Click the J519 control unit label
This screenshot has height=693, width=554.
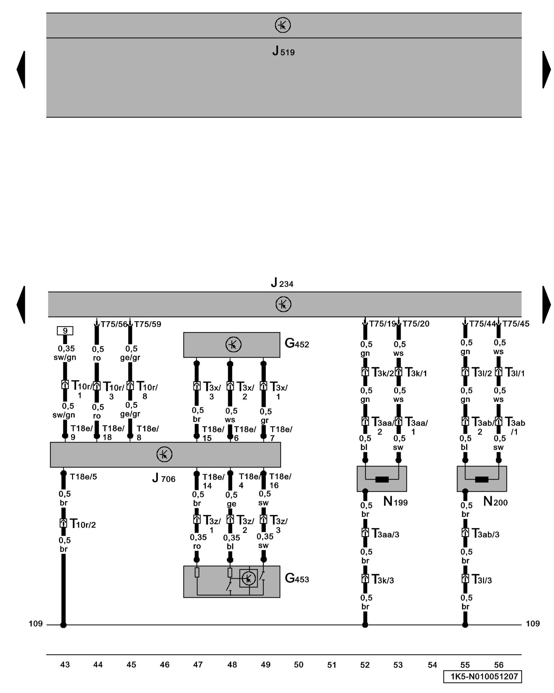283,51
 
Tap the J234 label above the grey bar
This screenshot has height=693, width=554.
282,283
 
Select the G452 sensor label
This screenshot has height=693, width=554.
297,343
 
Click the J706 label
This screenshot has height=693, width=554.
164,478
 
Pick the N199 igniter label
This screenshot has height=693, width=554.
395,501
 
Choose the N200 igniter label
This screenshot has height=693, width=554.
495,501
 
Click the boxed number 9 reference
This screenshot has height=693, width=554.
65,331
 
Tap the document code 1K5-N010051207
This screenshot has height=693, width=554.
482,676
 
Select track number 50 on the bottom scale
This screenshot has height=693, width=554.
298,664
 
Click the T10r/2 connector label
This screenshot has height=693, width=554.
83,524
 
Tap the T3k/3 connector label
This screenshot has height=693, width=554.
383,579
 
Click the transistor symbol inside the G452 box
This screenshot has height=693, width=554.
233,345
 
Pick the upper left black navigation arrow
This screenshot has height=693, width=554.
21,69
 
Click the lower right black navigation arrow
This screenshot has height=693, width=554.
546,304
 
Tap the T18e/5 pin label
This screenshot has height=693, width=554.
83,476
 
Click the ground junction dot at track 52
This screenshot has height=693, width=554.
365,625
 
